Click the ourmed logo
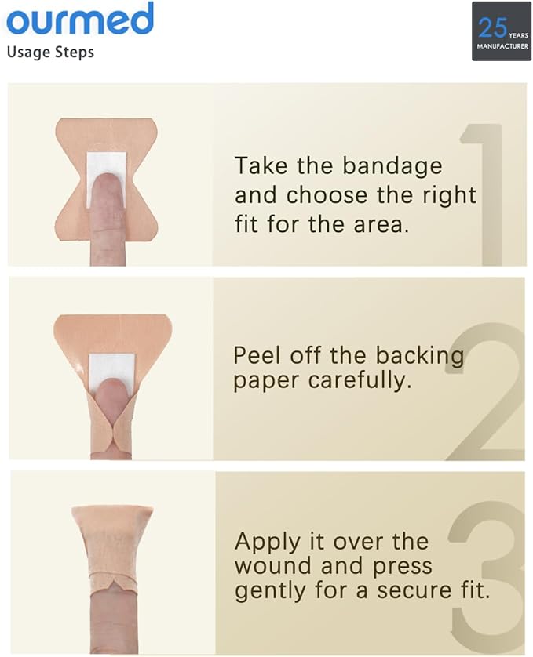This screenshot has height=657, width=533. click(80, 19)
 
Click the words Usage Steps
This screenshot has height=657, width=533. click(50, 53)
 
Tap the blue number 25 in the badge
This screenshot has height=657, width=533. click(492, 27)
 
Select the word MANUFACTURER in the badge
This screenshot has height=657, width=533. click(502, 46)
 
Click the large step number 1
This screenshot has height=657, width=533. click(487, 195)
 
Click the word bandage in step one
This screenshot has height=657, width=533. click(392, 167)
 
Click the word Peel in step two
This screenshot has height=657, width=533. click(257, 355)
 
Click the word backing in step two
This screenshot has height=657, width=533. click(419, 357)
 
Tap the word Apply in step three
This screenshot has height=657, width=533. click(268, 543)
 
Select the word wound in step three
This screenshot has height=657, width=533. click(274, 566)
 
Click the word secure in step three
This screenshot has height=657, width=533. click(414, 591)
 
